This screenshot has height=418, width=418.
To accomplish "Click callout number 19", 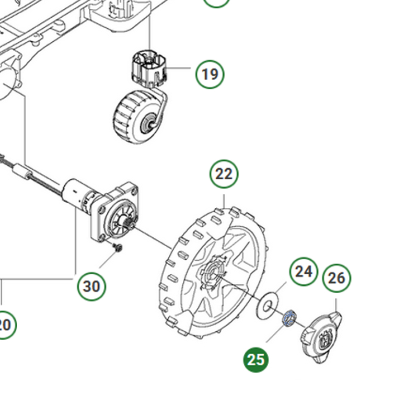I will click(x=210, y=74).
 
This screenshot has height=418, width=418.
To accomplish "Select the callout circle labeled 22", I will click(x=224, y=174).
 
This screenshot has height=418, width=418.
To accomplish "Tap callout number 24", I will click(x=304, y=271).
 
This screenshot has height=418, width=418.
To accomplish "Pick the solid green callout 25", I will click(x=256, y=359).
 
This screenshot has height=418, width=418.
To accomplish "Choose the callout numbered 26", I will click(x=336, y=278).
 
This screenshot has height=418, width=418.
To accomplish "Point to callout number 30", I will click(x=91, y=286).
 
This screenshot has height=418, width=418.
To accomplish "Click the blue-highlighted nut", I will click(x=288, y=317).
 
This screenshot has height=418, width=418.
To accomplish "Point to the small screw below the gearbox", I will click(x=118, y=247).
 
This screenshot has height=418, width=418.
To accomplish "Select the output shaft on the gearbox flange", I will click(x=127, y=224).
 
